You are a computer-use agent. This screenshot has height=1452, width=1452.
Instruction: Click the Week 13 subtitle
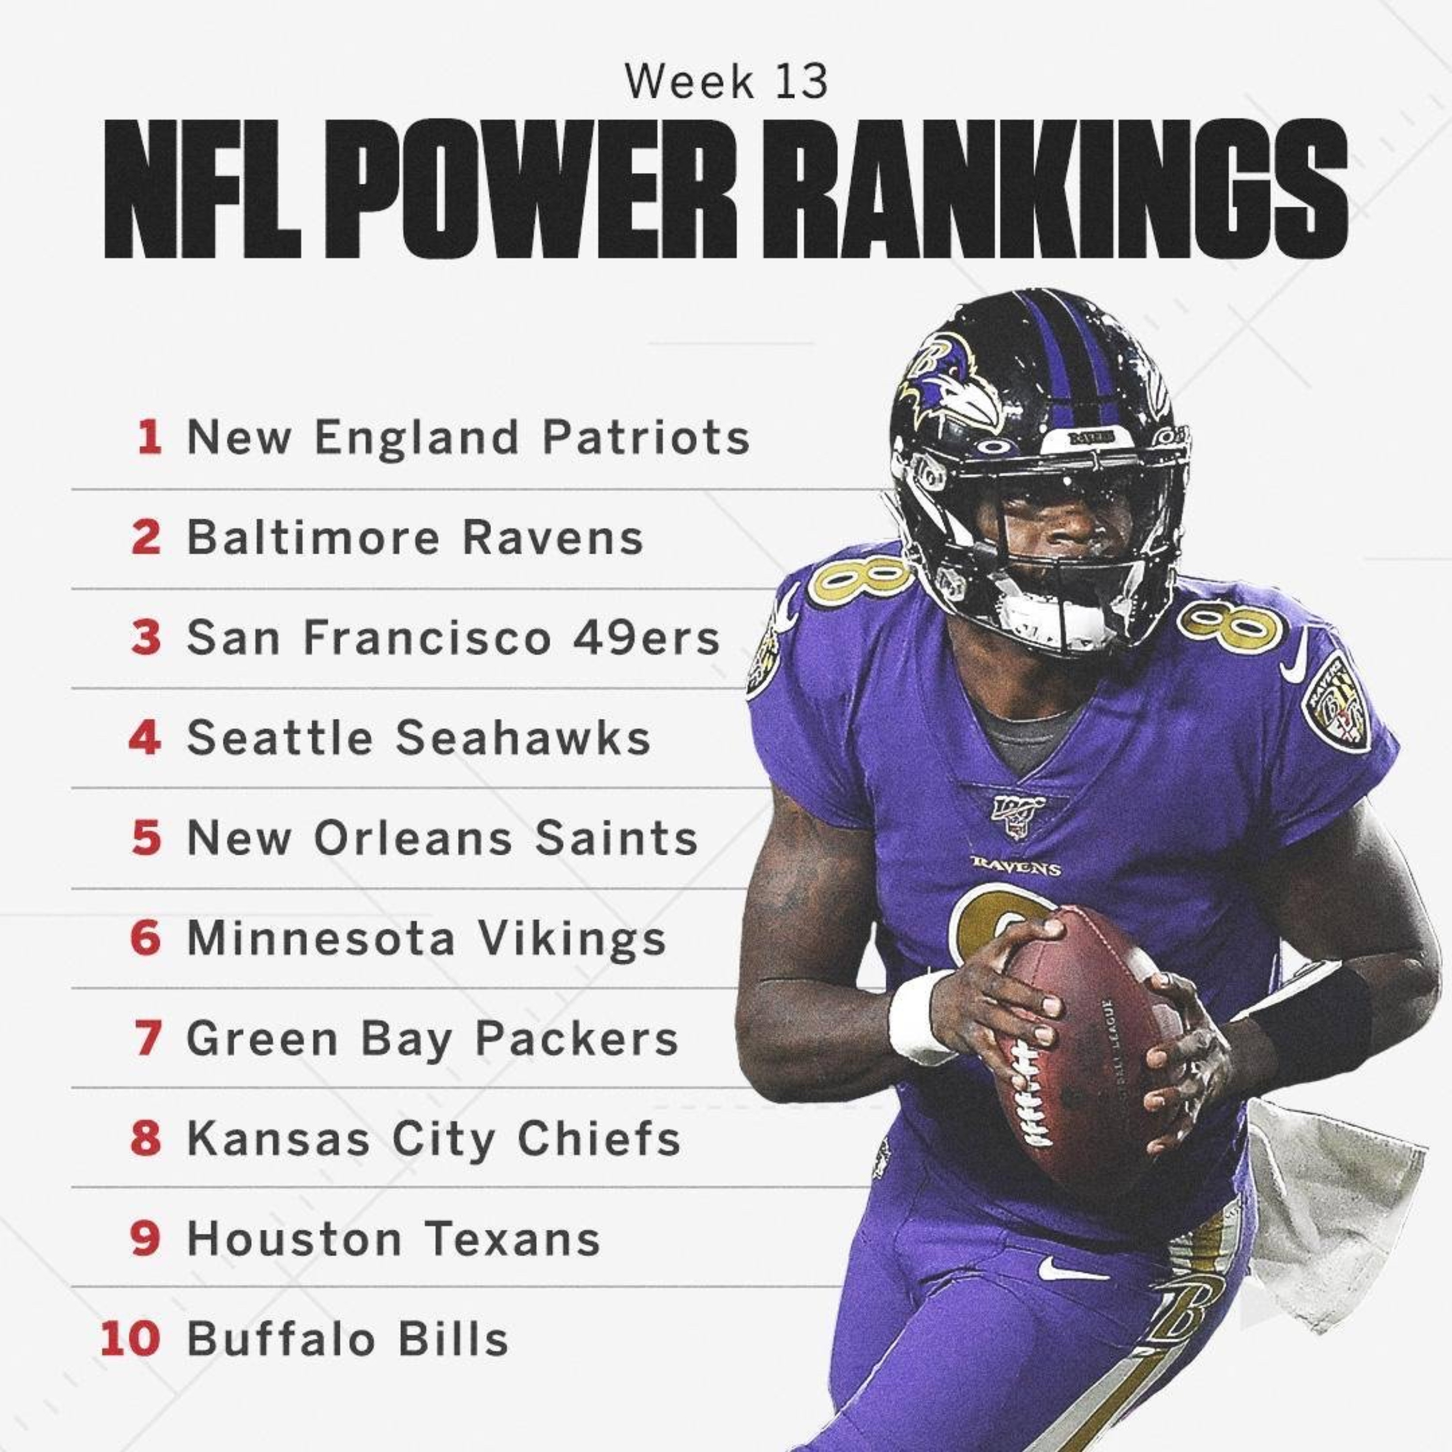point(726,82)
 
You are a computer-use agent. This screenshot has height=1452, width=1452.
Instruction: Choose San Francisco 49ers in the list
point(453,637)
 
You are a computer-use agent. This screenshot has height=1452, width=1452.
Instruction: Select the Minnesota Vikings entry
point(426,938)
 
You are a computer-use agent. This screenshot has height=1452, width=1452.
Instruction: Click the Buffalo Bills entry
point(347,1339)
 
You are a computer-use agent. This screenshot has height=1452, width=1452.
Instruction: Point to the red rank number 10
point(131,1339)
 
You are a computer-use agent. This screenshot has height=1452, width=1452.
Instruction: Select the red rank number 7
point(147,1039)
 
